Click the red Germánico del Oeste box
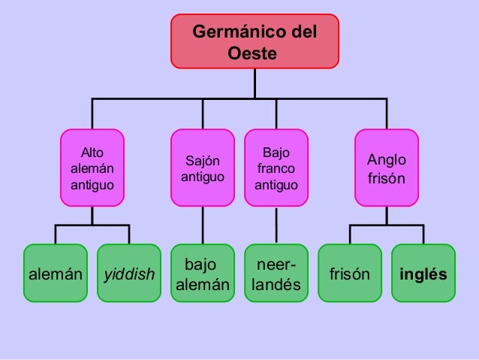255,41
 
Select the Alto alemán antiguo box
92,168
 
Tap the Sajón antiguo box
203,168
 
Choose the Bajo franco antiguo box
276,168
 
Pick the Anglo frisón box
386,168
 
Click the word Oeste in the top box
255,54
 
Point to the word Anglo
386,159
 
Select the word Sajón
203,160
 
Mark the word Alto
92,152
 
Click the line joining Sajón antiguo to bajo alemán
203,225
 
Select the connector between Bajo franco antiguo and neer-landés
276,225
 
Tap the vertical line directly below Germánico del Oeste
255,83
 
